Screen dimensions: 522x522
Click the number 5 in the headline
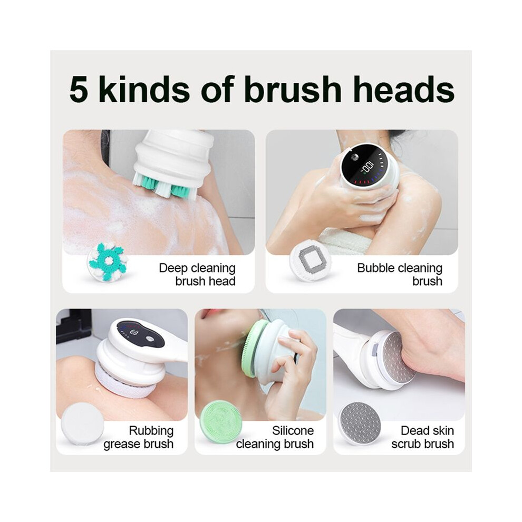79,89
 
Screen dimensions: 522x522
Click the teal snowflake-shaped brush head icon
108,262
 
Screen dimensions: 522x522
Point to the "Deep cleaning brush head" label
197,274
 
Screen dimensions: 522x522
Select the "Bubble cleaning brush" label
400,274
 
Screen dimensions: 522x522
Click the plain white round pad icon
82,423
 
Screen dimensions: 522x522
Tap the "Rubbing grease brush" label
139,437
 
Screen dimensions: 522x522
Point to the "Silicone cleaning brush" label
275,437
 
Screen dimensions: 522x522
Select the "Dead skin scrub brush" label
423,437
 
